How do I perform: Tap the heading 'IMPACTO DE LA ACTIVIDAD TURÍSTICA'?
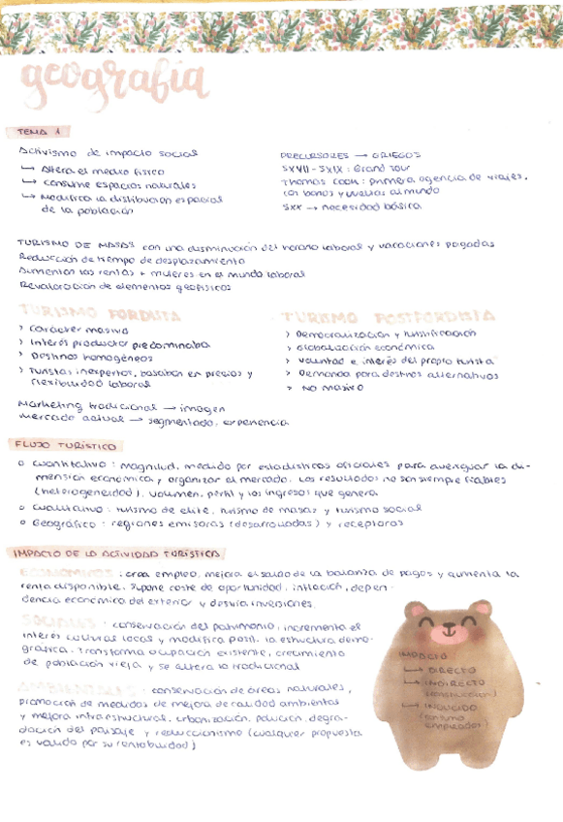coord(113,553)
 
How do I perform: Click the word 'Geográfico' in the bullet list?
coord(65,523)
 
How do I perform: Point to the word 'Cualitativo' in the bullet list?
coord(64,507)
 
